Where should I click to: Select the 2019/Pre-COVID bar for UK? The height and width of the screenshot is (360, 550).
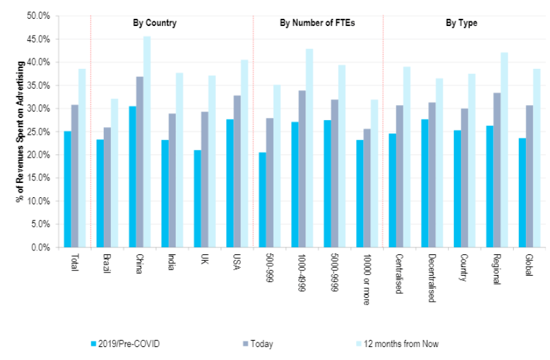point(197,198)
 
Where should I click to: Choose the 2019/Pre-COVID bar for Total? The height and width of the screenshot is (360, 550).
point(67,189)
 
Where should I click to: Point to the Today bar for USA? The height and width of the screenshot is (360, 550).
point(237,171)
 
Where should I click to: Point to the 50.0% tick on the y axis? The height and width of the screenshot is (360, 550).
point(40,16)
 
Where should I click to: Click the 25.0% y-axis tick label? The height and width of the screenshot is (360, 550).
point(40,132)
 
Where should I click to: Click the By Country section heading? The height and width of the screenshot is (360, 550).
point(150,23)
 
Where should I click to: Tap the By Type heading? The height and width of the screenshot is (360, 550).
point(461,23)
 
